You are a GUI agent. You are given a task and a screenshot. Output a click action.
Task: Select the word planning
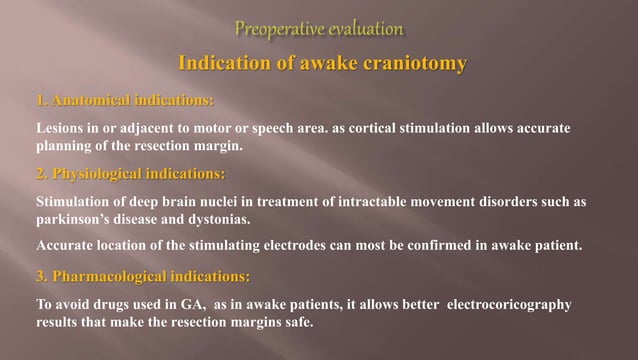coord(64,145)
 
